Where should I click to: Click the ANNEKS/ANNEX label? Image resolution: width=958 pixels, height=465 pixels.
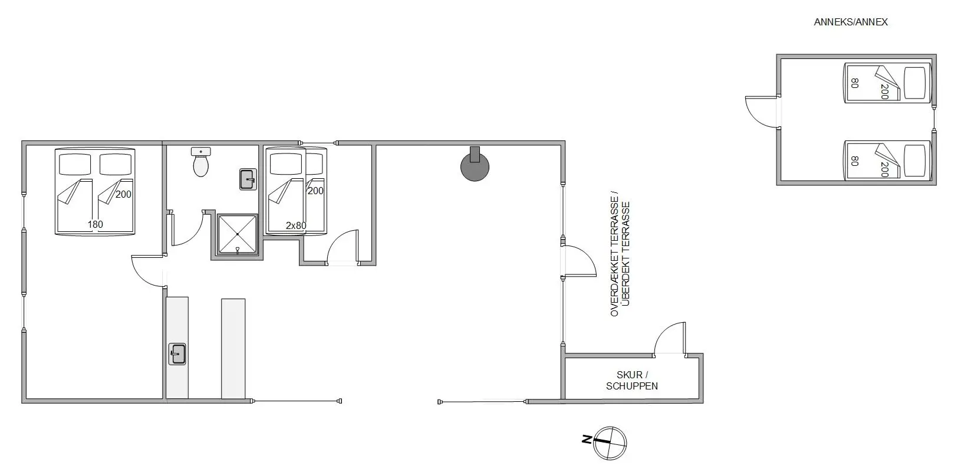tap(851, 22)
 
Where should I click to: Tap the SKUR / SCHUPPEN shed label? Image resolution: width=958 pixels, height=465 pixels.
tap(631, 380)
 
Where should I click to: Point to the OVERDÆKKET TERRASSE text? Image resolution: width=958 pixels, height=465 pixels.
tap(614, 256)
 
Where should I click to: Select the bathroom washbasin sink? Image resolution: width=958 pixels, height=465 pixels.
tap(248, 179)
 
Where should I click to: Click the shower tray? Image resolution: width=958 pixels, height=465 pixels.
tap(238, 234)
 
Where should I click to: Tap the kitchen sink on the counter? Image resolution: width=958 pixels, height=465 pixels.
tap(177, 353)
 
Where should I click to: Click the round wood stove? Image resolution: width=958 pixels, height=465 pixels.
tap(475, 166)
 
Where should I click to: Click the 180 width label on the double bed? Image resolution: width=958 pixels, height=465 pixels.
tap(96, 224)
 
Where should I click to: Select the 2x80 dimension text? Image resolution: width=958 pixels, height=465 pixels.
tap(296, 225)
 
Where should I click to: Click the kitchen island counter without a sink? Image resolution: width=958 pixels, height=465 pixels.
tap(233, 349)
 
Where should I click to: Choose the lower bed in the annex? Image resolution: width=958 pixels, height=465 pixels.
tap(887, 161)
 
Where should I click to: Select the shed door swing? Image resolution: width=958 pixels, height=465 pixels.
tap(670, 338)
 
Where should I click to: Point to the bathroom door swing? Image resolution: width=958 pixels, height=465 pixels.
tap(187, 229)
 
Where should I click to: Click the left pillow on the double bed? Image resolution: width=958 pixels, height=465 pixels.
tap(75, 165)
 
